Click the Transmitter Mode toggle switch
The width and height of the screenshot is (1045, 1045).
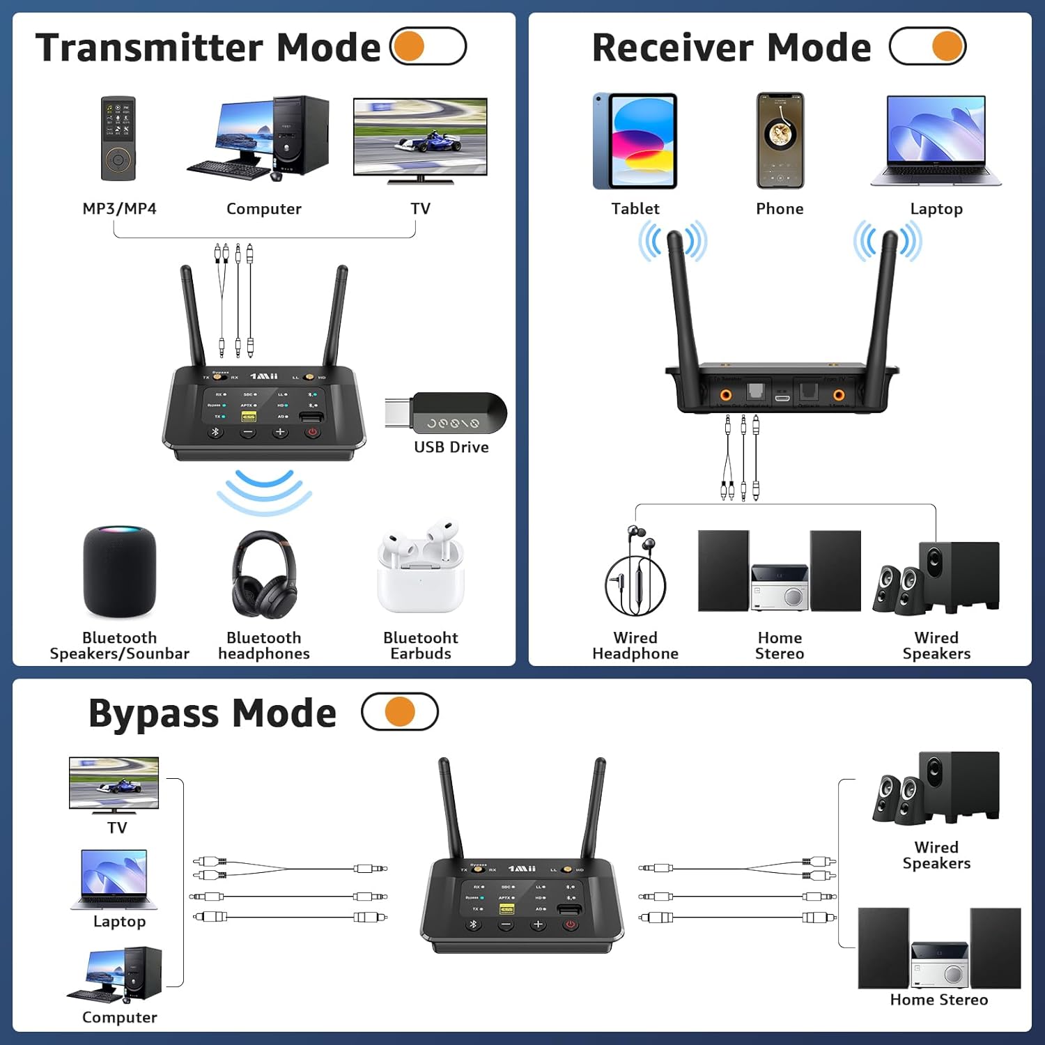click(428, 46)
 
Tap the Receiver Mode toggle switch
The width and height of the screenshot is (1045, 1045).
click(927, 46)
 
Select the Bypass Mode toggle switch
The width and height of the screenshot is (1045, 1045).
click(400, 711)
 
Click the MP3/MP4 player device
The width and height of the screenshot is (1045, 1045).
click(118, 139)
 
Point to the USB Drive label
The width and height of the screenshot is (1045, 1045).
click(451, 447)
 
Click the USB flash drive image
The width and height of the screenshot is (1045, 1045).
click(447, 414)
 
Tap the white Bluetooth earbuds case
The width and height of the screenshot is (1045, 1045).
click(420, 568)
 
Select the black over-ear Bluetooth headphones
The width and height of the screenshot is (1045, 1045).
click(264, 575)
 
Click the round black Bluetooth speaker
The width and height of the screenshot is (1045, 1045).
click(119, 571)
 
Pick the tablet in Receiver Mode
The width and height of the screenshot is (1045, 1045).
click(635, 141)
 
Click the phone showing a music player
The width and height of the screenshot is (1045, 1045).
click(780, 140)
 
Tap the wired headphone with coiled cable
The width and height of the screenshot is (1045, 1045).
click(635, 571)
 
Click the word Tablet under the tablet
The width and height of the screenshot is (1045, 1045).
click(635, 208)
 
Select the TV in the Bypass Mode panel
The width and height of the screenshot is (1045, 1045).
click(114, 784)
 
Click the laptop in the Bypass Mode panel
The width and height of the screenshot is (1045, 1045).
click(114, 879)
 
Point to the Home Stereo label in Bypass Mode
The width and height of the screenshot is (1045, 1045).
click(938, 1000)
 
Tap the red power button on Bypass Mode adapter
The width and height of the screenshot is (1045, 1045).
click(571, 924)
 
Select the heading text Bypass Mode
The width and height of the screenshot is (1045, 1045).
click(212, 713)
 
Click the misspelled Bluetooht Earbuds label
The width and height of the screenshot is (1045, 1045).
click(420, 645)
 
